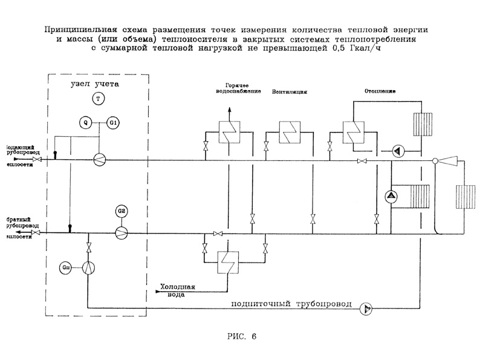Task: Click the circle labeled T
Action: coord(99,97)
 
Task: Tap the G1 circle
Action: coord(113,123)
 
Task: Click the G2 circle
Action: coord(122,211)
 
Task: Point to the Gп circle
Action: coord(66,267)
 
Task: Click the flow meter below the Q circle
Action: coord(99,159)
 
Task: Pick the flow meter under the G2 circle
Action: coord(122,232)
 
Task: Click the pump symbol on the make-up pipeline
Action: coord(366,309)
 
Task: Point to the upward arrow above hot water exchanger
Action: coord(229,108)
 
